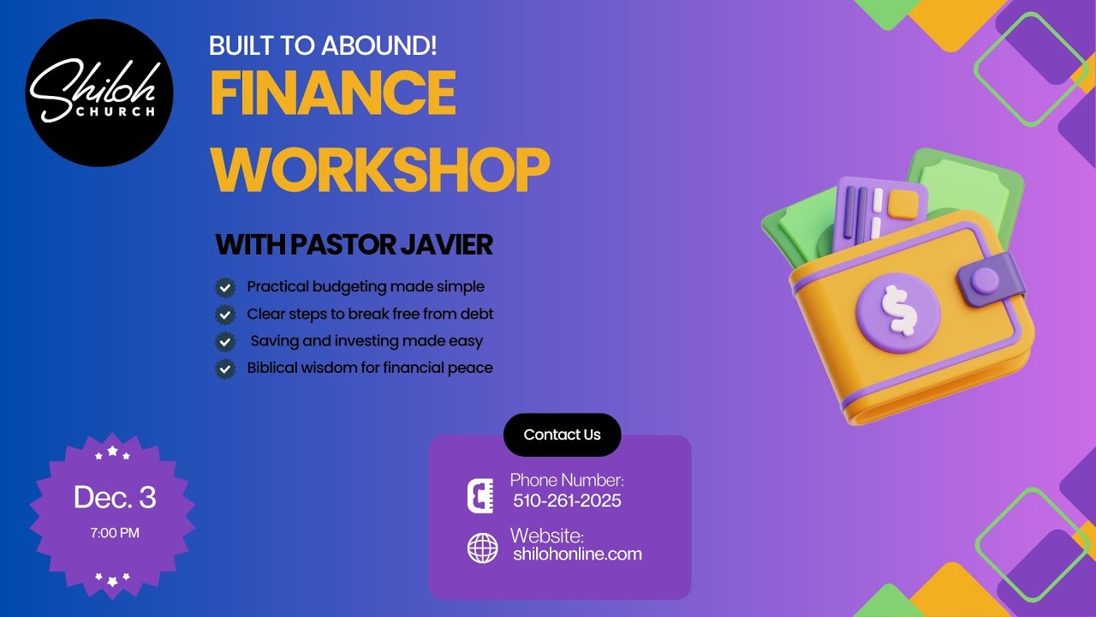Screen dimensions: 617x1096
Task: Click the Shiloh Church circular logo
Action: [x=99, y=93]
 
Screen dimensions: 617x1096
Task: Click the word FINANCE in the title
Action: [x=332, y=93]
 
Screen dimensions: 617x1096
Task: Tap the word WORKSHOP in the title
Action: [x=379, y=170]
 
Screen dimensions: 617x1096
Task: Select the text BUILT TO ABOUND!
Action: [x=323, y=45]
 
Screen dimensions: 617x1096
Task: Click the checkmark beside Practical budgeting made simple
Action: [x=225, y=287]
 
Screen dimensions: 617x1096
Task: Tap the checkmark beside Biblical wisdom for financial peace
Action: [x=225, y=368]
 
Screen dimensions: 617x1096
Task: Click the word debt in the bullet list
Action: [x=477, y=314]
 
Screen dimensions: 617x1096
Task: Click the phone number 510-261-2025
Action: [x=567, y=500]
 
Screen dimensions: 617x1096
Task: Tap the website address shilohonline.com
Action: [x=577, y=554]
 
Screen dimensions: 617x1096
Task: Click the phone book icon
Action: [x=480, y=496]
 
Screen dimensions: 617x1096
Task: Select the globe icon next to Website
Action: [x=482, y=548]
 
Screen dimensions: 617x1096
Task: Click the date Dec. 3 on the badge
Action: [x=115, y=498]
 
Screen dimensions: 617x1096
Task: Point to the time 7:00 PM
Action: [x=115, y=533]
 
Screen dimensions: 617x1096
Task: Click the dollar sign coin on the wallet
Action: [x=898, y=308]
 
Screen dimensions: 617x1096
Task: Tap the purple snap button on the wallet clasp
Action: [x=985, y=280]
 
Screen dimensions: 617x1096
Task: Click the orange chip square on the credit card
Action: [x=902, y=204]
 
